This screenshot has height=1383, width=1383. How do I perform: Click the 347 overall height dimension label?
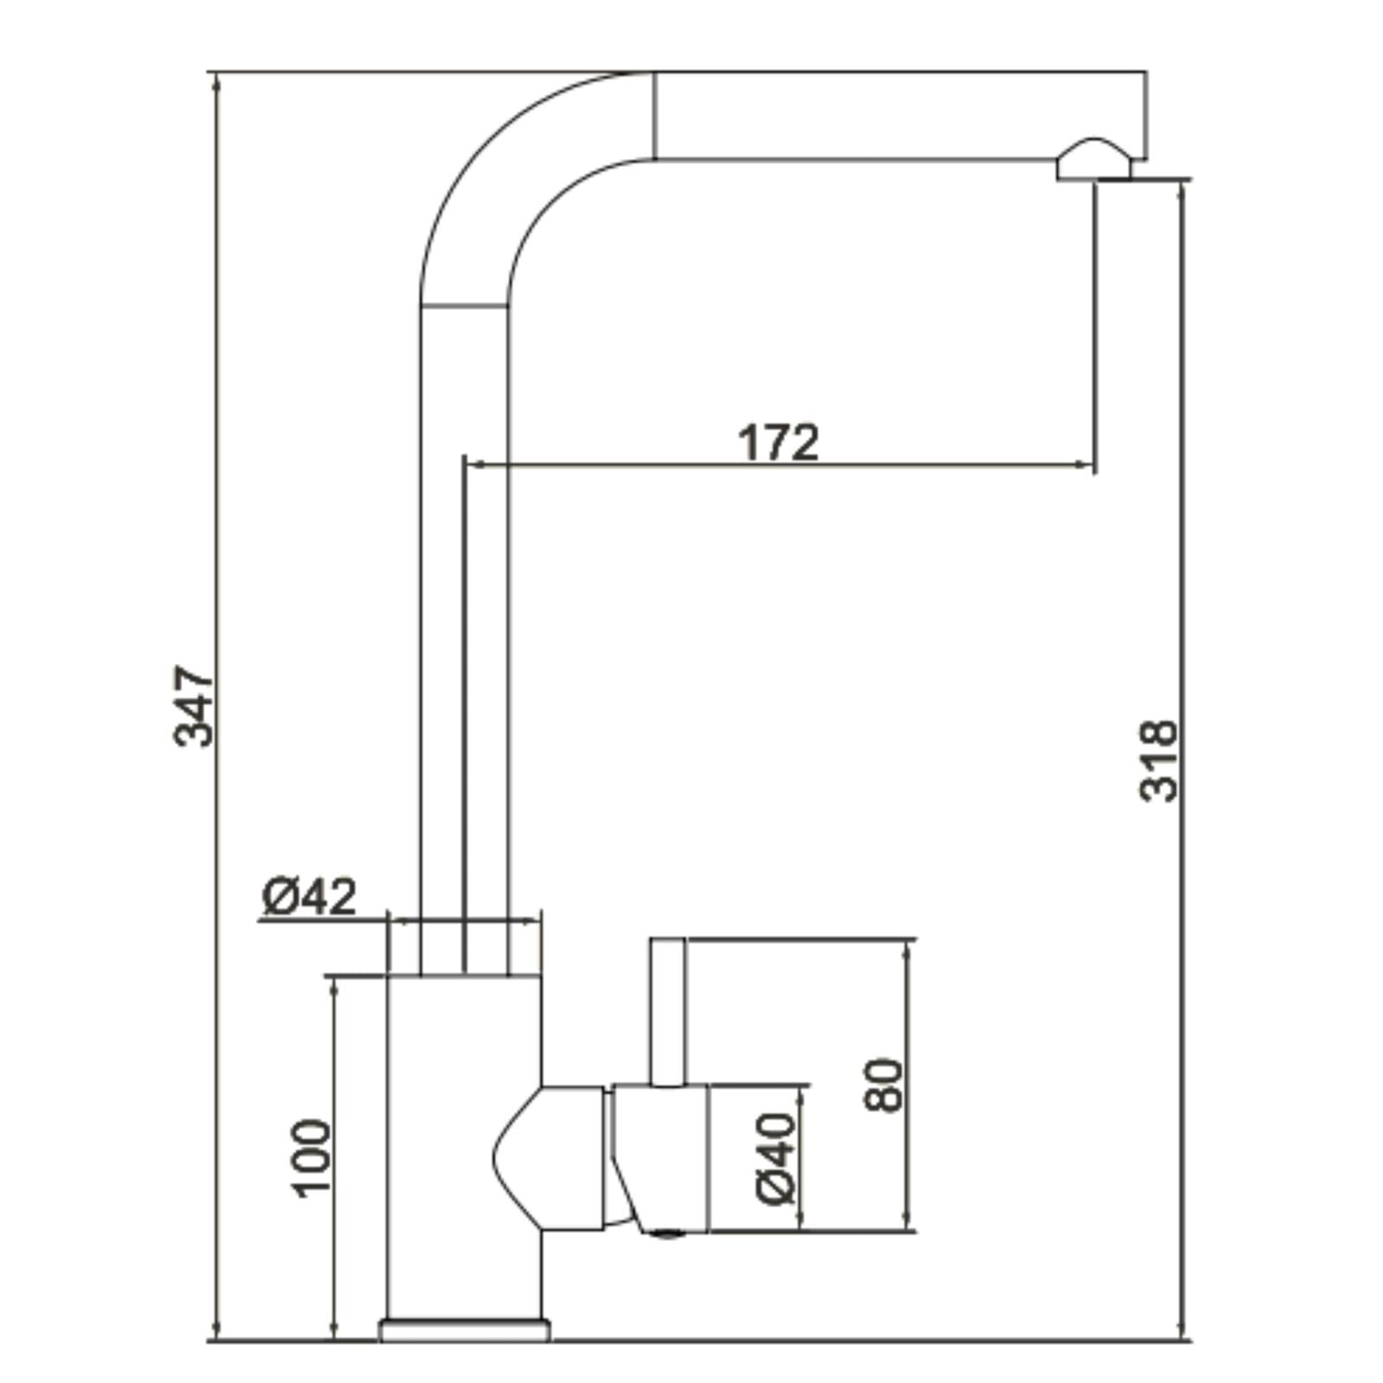194,705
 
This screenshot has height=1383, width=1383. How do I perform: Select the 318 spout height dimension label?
1158,760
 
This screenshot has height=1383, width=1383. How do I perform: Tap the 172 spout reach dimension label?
778,442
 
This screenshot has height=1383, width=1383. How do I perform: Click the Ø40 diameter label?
774,1159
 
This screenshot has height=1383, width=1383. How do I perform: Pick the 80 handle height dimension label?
883,1084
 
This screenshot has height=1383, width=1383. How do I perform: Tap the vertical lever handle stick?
667,1011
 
